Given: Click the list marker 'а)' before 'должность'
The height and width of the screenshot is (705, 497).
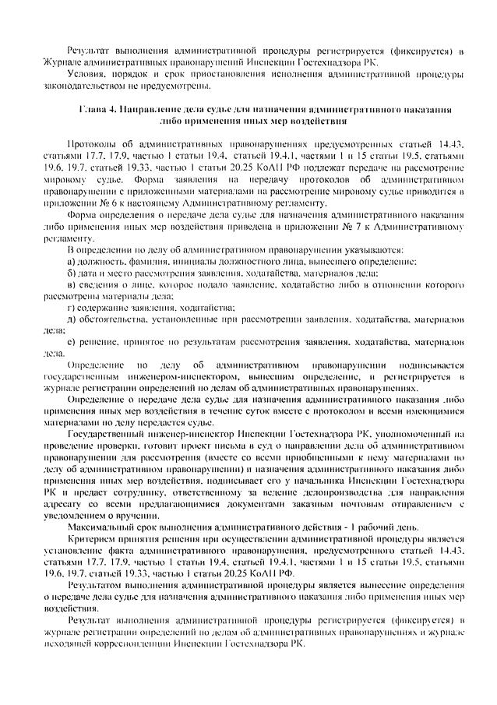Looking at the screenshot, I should (x=72, y=262).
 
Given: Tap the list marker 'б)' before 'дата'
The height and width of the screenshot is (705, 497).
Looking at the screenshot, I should (x=72, y=273).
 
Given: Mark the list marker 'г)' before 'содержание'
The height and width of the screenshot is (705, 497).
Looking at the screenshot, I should (x=72, y=309).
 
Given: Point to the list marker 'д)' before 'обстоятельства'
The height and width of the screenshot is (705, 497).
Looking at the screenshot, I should (x=72, y=321).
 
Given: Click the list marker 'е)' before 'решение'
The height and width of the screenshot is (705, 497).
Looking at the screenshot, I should (x=72, y=344).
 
